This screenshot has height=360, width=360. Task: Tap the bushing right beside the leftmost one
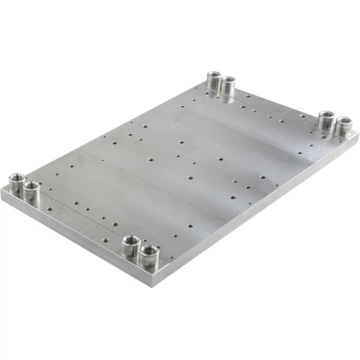tap(31, 190)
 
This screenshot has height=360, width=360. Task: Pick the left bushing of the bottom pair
tap(130, 244)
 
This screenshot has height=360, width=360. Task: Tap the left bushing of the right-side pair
tap(326, 119)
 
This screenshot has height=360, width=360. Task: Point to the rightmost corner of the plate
tap(356, 137)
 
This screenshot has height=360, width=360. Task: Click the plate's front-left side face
tap(72, 238)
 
